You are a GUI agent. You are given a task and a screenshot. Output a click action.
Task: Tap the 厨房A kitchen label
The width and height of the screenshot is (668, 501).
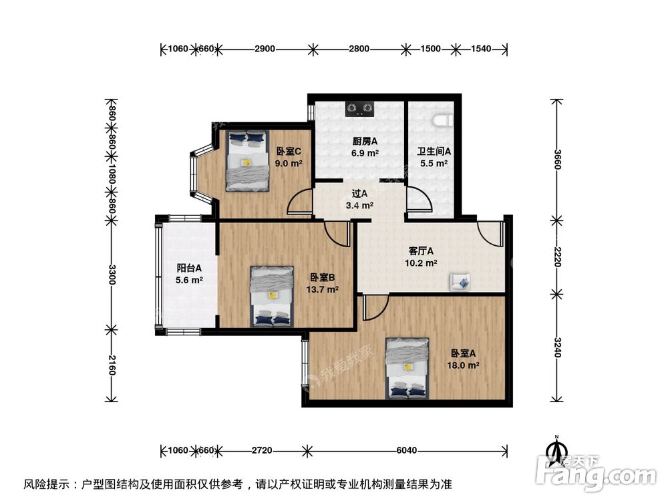(365, 142)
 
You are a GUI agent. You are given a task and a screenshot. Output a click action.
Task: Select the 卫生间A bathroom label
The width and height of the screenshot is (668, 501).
(434, 152)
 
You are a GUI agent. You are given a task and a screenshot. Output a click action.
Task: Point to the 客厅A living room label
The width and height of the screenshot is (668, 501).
(422, 252)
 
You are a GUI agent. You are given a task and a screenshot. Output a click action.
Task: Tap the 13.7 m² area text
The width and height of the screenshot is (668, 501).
(323, 289)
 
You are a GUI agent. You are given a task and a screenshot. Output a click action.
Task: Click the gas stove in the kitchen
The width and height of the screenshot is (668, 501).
(359, 107)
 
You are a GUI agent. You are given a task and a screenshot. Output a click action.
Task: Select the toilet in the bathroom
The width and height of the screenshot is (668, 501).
(443, 120)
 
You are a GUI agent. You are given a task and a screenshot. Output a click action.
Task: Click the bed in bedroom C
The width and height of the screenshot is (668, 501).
(246, 161)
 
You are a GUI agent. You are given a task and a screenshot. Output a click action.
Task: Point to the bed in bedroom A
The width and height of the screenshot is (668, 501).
(407, 367)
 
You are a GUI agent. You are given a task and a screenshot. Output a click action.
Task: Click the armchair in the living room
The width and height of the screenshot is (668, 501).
(460, 282)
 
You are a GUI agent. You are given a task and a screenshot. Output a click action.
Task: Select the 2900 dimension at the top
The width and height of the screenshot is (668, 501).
(265, 49)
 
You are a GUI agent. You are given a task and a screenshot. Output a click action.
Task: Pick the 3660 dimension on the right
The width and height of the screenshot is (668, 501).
(556, 158)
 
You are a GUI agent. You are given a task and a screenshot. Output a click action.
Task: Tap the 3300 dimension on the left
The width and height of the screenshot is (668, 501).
(112, 275)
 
